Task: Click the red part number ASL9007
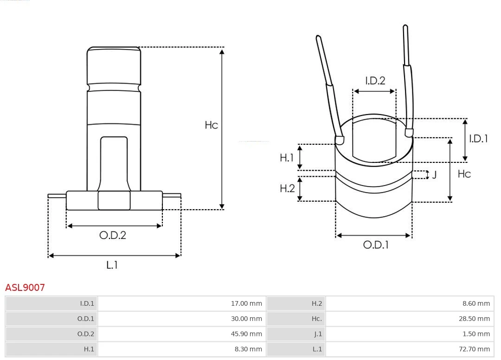coord(25,288)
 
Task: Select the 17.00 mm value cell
coord(246,304)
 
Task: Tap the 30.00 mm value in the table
coord(246,319)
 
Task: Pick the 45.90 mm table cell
coord(246,334)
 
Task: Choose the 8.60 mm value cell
coord(476,304)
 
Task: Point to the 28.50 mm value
coord(474,319)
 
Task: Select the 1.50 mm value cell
coord(476,334)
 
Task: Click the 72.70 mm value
coord(474,349)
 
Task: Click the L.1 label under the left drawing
coord(112,265)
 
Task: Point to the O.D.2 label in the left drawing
coord(113,235)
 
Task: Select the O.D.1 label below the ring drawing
coord(375,244)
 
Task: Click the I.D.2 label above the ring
coord(375,81)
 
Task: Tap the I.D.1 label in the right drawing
coord(478,138)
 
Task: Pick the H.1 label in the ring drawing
coord(287,158)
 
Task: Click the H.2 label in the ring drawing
coord(287,188)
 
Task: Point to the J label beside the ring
coord(434,175)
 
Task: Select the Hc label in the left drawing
coord(211,125)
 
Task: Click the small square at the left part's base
coord(114,200)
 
